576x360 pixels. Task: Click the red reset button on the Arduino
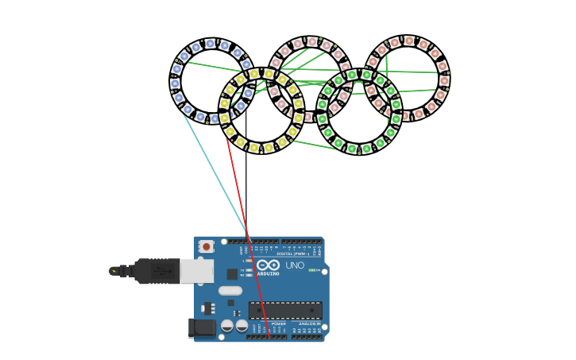pos(207,246)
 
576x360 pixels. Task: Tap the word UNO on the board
pos(295,265)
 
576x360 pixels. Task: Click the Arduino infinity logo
pos(268,265)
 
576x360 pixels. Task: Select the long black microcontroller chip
pos(285,310)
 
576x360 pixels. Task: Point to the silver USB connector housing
pos(196,271)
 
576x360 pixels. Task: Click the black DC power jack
pos(203,327)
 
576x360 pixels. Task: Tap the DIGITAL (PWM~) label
pos(293,254)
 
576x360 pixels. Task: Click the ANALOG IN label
pos(310,324)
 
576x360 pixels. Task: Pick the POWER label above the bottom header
pos(279,324)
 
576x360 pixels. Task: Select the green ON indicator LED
pos(313,270)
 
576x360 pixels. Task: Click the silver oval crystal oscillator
pos(230,290)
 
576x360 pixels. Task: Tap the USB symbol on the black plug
pos(163,271)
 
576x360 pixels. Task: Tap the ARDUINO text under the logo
pos(268,273)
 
